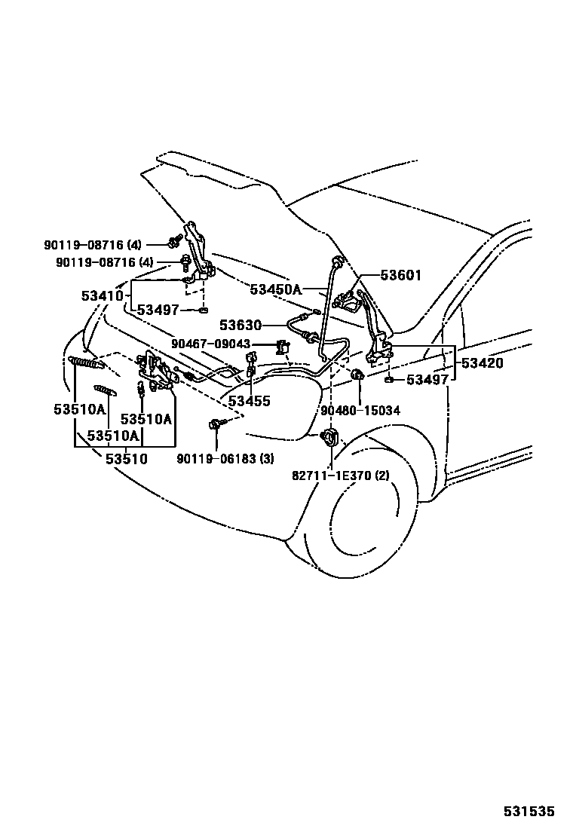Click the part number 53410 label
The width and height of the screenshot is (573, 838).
click(x=102, y=296)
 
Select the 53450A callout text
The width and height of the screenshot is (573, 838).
click(x=275, y=289)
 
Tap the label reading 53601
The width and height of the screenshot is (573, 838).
click(x=400, y=276)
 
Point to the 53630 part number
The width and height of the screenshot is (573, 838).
click(x=241, y=326)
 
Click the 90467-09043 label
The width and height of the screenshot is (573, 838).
click(x=210, y=344)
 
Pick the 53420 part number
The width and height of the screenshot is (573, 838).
click(x=483, y=362)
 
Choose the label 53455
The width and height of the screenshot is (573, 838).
click(x=249, y=402)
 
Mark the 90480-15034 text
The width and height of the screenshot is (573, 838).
click(x=360, y=411)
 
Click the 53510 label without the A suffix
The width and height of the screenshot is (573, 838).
click(x=126, y=458)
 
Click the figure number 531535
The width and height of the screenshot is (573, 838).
click(x=529, y=812)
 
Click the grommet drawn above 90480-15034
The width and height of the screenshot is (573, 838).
click(x=359, y=375)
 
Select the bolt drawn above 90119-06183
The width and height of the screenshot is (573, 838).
click(x=216, y=425)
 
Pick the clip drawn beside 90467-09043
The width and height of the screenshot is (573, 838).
click(x=283, y=347)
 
